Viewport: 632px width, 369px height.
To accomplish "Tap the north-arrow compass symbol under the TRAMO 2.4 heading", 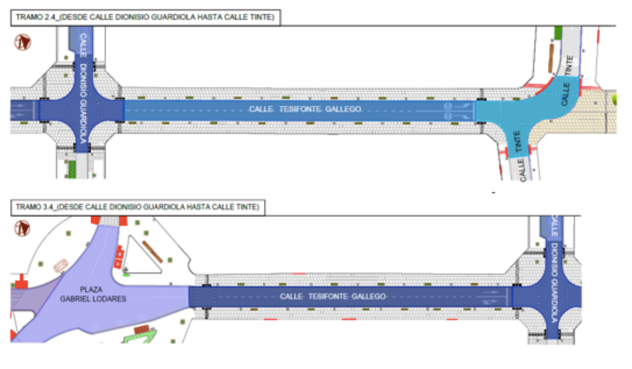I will point(23,42).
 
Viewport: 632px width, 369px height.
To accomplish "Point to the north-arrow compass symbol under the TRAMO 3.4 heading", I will point(22,228).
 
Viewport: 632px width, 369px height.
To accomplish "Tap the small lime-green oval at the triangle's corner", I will point(126,274).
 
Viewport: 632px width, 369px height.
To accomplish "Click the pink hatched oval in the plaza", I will point(61,264).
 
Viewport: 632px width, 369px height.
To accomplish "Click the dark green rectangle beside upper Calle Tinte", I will point(558,33).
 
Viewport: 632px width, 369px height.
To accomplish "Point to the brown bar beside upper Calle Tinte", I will point(550,58).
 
